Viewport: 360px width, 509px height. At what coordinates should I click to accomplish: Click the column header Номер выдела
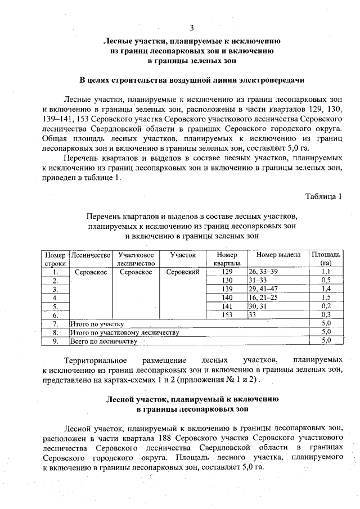click(x=278, y=255)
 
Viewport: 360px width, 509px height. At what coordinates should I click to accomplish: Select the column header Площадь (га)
click(x=325, y=259)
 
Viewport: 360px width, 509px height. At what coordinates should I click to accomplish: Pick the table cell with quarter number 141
click(x=227, y=306)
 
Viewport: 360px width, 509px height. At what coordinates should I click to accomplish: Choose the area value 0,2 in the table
click(x=325, y=306)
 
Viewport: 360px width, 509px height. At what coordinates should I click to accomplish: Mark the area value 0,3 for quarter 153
click(x=325, y=314)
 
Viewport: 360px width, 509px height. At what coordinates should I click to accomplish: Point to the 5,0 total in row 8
click(x=325, y=332)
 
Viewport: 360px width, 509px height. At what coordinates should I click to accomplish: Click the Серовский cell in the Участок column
click(x=183, y=271)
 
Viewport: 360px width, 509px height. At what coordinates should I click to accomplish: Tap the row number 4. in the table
click(x=56, y=297)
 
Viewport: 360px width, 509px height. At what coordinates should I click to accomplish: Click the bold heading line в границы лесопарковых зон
click(x=192, y=408)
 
